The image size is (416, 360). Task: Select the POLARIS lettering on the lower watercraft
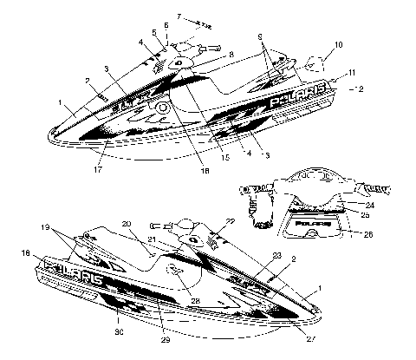[x=77, y=277]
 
